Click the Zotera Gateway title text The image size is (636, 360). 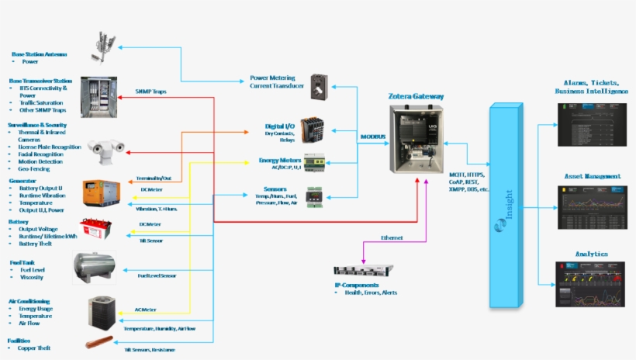(417, 96)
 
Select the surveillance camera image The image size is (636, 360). (106, 147)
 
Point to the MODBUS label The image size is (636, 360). (372, 137)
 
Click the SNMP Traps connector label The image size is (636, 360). (150, 91)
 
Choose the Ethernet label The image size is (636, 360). (391, 237)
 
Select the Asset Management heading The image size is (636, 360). (593, 177)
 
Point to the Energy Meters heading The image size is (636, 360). (279, 160)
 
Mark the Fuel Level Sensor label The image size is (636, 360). (157, 275)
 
